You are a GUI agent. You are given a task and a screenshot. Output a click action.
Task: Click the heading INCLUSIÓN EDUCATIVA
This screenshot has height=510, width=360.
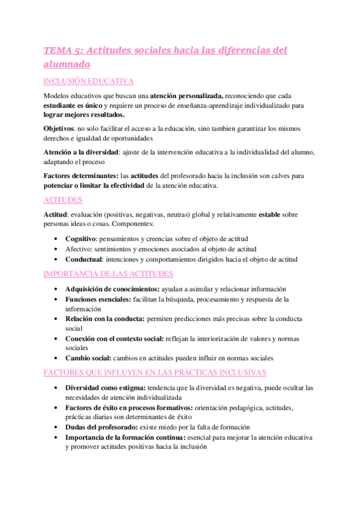coord(89,81)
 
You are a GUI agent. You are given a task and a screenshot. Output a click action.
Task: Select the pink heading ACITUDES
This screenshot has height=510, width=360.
coord(63,200)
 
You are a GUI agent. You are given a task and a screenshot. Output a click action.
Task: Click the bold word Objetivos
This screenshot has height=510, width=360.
coord(58,129)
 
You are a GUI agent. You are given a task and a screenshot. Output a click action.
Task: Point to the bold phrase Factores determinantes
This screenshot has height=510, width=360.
coord(81,176)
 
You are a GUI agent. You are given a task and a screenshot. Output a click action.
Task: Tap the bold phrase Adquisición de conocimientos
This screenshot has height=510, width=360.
coord(113,289)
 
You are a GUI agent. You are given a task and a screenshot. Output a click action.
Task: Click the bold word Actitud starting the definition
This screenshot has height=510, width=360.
coord(55,215)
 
